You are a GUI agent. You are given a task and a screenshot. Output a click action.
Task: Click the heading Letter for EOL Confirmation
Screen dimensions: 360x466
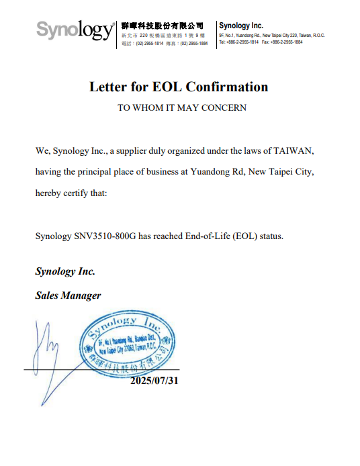(179, 87)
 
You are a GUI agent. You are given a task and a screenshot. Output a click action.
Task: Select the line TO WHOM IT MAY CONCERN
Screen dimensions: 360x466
(181, 107)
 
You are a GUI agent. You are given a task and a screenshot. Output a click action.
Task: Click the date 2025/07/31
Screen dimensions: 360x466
(154, 381)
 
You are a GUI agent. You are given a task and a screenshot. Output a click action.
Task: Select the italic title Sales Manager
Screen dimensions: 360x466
(68, 295)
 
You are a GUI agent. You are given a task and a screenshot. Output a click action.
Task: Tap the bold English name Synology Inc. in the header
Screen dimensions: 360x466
(241, 26)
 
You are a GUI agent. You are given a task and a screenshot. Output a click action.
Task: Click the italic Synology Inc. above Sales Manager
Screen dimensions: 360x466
(65, 272)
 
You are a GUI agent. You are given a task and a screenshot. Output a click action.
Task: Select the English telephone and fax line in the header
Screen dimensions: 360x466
(261, 42)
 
